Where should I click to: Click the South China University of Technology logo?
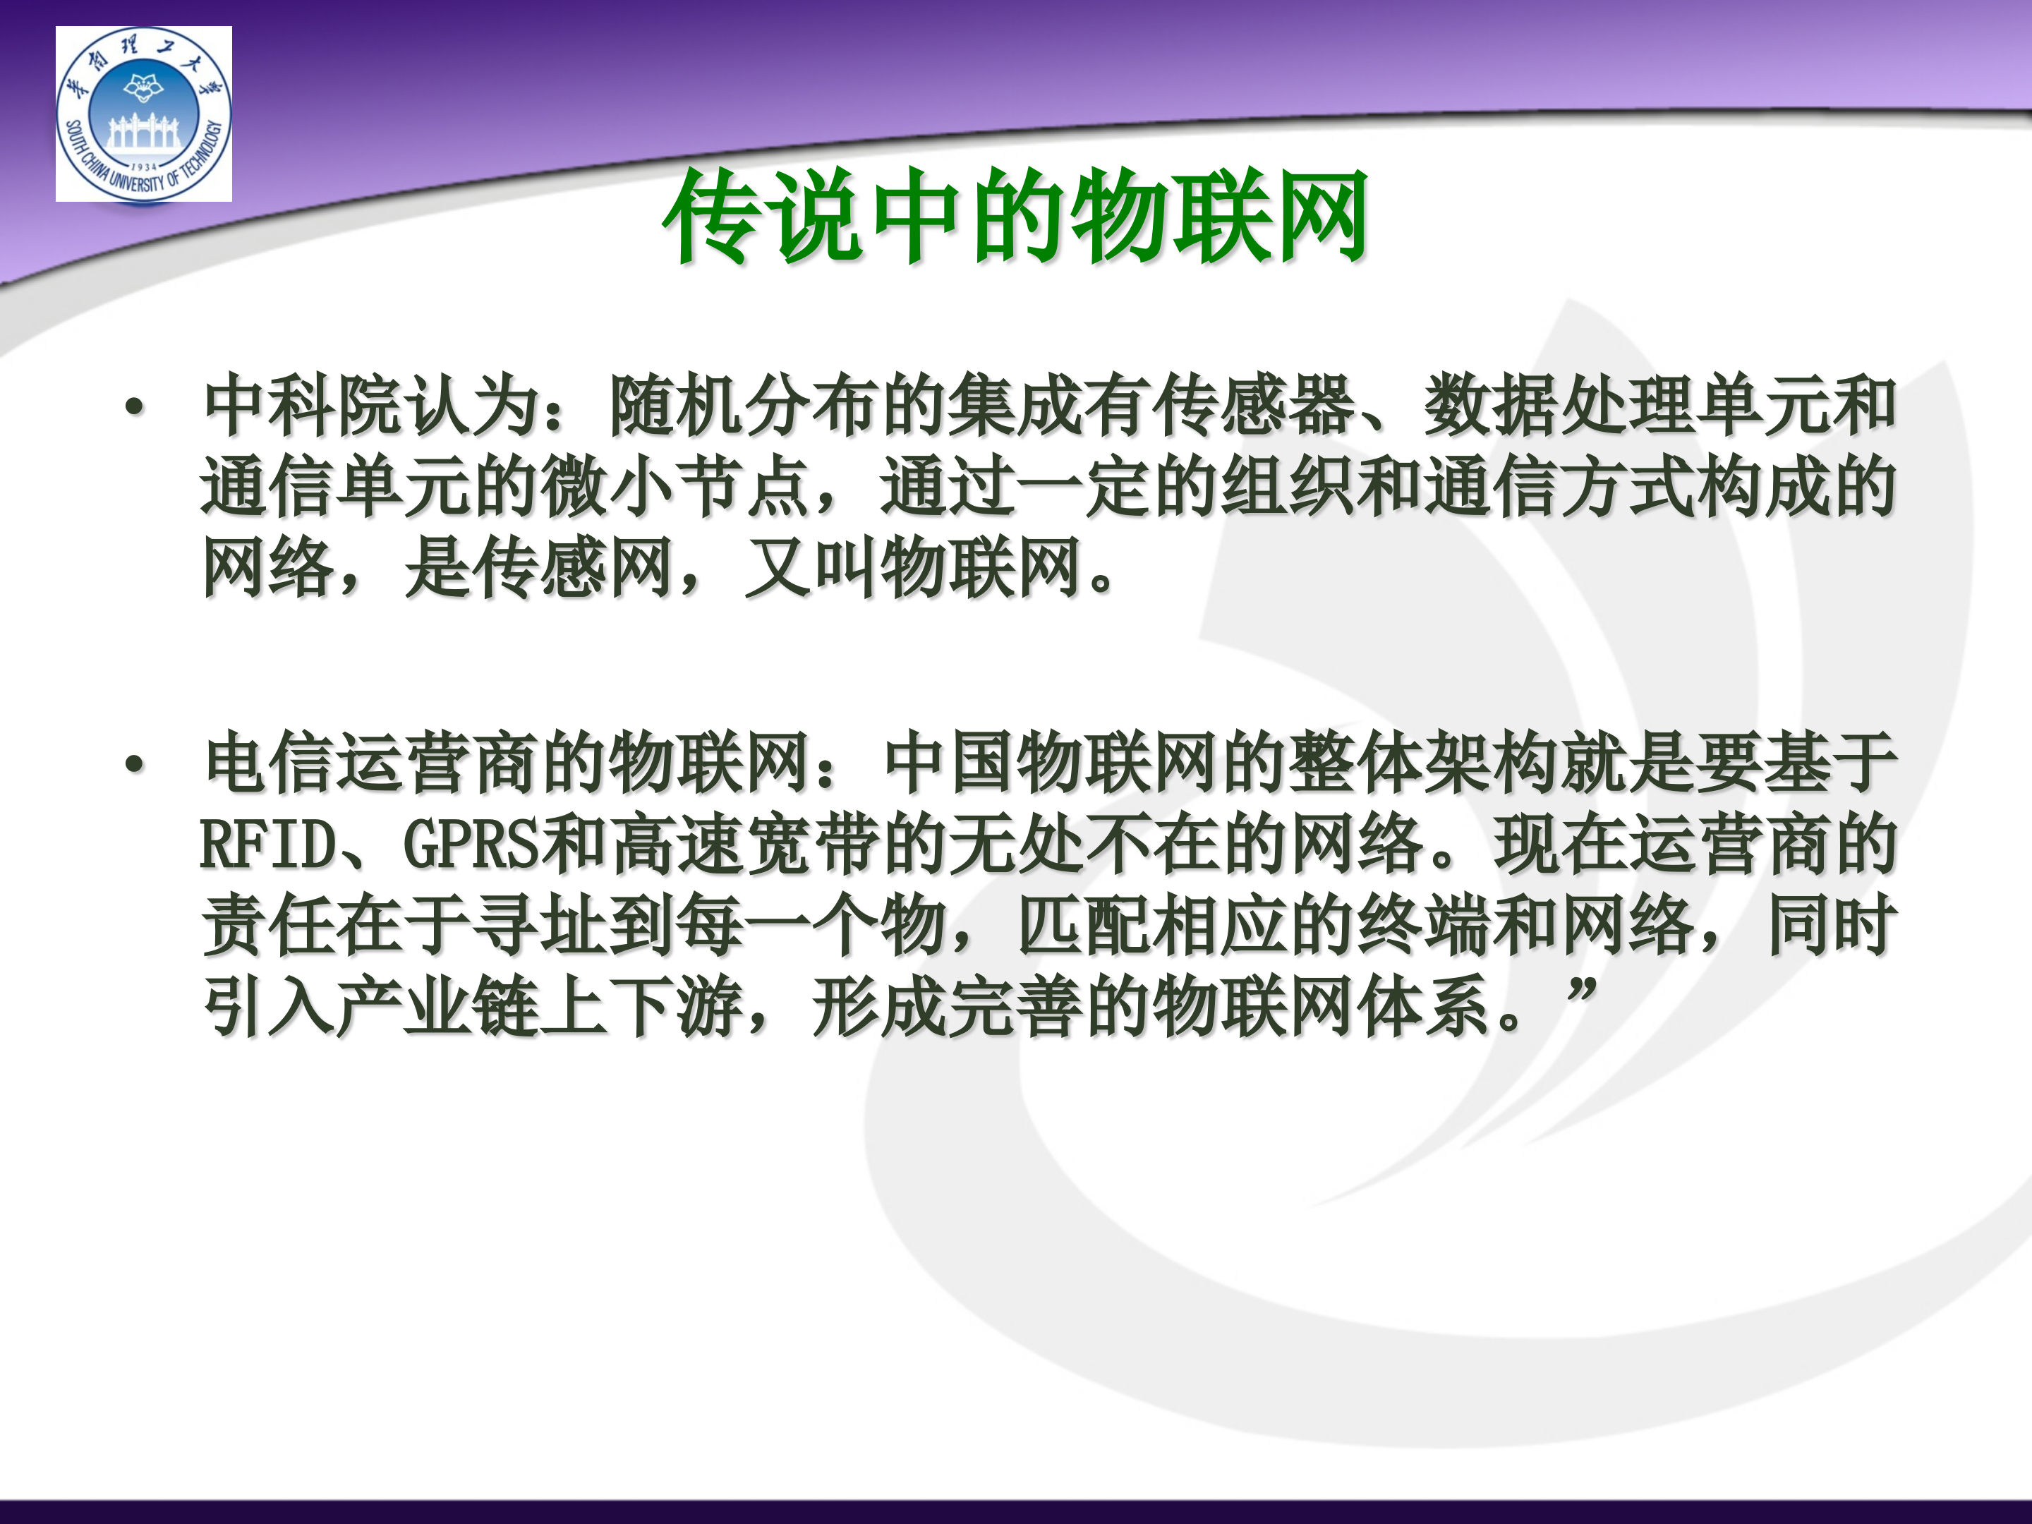143,114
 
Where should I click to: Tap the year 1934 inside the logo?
143,167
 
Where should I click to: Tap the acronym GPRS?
471,845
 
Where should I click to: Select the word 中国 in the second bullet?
948,764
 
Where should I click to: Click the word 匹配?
1084,926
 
